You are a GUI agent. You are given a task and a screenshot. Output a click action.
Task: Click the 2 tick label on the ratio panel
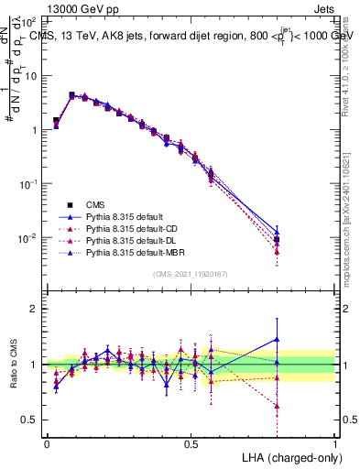37,309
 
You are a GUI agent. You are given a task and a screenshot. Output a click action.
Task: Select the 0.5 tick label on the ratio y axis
32,420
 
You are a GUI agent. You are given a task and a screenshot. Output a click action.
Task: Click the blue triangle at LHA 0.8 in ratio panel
277,339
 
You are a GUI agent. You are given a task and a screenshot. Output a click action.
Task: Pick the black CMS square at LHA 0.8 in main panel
277,240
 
